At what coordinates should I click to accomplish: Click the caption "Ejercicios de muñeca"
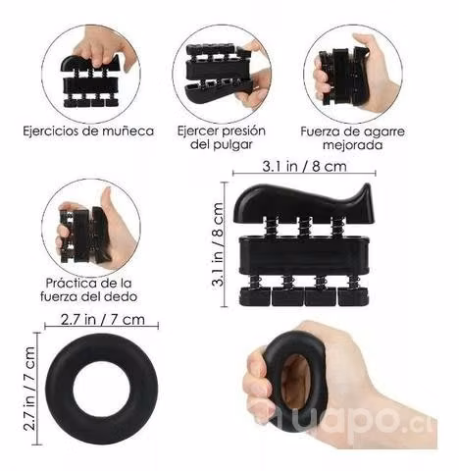point(88,131)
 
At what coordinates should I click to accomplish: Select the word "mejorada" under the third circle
point(353,144)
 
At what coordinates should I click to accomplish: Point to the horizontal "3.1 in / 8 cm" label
point(304,166)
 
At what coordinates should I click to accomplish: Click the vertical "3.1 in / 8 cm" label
point(218,244)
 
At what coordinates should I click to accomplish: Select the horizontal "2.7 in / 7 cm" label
point(102,319)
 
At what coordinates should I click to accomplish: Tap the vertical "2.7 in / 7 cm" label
point(29,389)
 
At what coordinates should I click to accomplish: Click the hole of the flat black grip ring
point(102,389)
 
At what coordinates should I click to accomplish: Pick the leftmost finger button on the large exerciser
point(255,296)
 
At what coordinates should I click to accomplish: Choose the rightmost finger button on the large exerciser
point(353,296)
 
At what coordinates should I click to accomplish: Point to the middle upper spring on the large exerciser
point(304,227)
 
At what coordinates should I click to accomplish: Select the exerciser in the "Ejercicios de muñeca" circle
point(91,81)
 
